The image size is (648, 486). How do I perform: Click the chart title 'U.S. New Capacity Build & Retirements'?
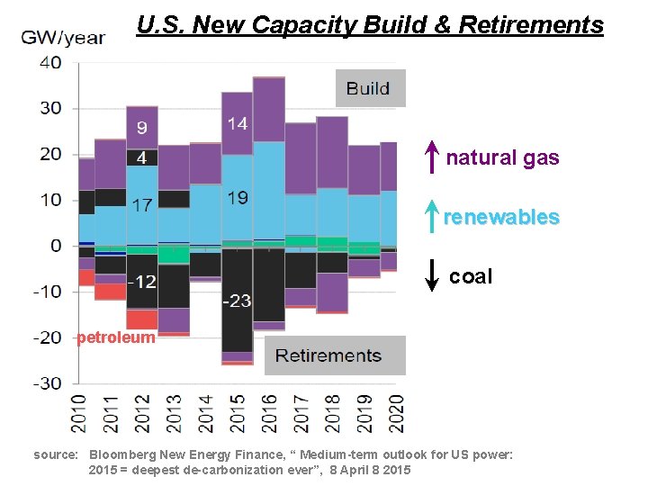(370, 25)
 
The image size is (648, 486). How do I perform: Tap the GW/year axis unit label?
(63, 38)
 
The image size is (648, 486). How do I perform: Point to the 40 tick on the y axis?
(50, 62)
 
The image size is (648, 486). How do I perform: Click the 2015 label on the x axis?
(238, 416)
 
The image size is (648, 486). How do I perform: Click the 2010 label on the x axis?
(80, 416)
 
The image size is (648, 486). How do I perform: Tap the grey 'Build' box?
(369, 88)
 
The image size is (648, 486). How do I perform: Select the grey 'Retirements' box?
(335, 355)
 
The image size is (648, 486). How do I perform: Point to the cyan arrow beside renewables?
(432, 217)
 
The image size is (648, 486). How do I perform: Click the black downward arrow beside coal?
(432, 275)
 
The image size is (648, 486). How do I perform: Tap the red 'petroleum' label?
(116, 338)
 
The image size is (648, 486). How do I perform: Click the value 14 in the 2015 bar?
(238, 124)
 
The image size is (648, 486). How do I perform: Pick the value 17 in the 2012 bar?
(141, 205)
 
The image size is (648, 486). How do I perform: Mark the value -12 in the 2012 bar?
(140, 282)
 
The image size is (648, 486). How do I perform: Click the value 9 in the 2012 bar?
(142, 128)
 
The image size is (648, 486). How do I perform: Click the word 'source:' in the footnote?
(56, 455)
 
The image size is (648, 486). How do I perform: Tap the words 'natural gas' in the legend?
(502, 158)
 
